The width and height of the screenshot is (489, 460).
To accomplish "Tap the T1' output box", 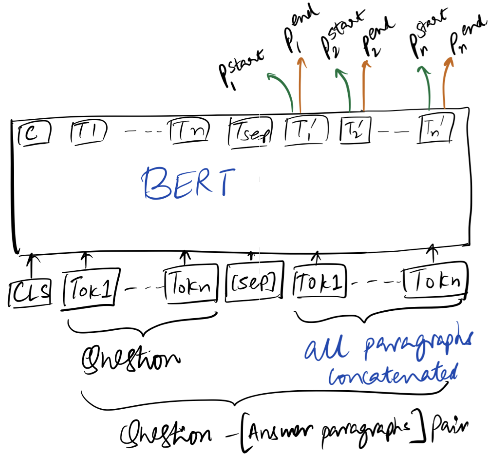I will click(301, 131).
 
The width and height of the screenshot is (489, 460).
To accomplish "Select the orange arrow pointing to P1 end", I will click(300, 84).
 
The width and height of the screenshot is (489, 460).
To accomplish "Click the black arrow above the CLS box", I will click(30, 267).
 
